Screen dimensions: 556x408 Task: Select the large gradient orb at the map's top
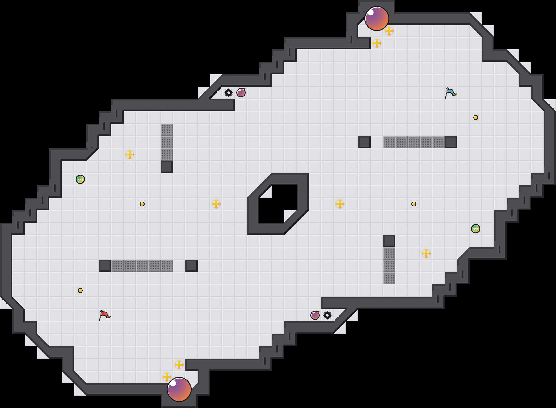click(377, 19)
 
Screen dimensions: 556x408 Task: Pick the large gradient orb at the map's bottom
click(179, 389)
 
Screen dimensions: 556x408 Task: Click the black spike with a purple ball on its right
click(229, 93)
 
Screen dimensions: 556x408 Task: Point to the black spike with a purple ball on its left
click(327, 315)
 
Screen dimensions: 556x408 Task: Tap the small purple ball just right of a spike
click(241, 93)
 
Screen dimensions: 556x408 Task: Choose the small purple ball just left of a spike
click(315, 315)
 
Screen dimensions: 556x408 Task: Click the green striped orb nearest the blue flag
click(476, 229)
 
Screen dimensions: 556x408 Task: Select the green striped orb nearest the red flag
click(80, 179)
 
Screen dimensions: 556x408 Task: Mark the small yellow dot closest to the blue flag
click(476, 117)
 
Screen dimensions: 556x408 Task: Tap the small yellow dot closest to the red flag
click(80, 291)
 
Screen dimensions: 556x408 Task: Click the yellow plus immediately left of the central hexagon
click(216, 204)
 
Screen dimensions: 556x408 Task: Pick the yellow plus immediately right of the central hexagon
click(340, 204)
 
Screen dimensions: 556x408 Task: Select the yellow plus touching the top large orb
click(389, 31)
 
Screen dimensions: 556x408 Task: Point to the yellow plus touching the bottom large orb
click(167, 377)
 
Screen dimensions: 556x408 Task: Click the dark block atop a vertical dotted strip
click(389, 241)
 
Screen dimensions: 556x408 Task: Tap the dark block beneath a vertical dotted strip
click(167, 167)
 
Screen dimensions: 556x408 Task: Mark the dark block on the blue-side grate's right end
click(451, 142)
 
